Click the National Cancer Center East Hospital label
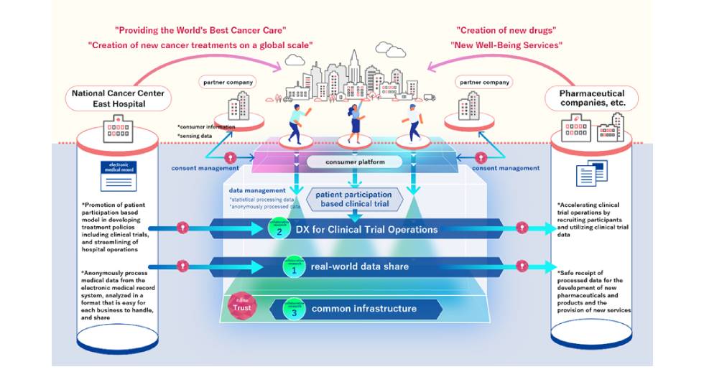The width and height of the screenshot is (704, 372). tap(117, 98)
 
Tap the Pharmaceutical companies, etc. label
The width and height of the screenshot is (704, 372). tap(592, 98)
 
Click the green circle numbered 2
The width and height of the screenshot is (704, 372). tap(277, 228)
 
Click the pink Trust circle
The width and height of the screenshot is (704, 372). tap(240, 307)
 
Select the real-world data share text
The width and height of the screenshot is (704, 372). tap(359, 266)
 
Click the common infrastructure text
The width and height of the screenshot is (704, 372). tap(363, 309)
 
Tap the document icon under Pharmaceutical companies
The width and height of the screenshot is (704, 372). tap(592, 173)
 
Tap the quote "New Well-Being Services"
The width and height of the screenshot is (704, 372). tap(506, 45)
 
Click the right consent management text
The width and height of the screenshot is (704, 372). tap(508, 168)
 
